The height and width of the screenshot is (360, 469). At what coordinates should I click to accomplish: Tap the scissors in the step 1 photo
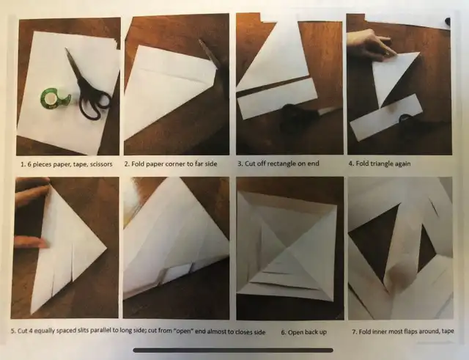[x=89, y=85]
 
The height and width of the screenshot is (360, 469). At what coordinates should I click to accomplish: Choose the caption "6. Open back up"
[x=303, y=332]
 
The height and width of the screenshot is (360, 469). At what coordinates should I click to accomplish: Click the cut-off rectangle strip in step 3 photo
[x=277, y=99]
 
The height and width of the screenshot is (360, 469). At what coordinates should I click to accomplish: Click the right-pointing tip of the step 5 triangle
[x=107, y=248]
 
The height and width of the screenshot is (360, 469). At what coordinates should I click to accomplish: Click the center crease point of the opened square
[x=287, y=247]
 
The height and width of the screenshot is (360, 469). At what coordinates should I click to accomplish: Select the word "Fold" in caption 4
[x=362, y=164]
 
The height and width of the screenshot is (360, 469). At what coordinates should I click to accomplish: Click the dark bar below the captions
[x=233, y=350]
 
